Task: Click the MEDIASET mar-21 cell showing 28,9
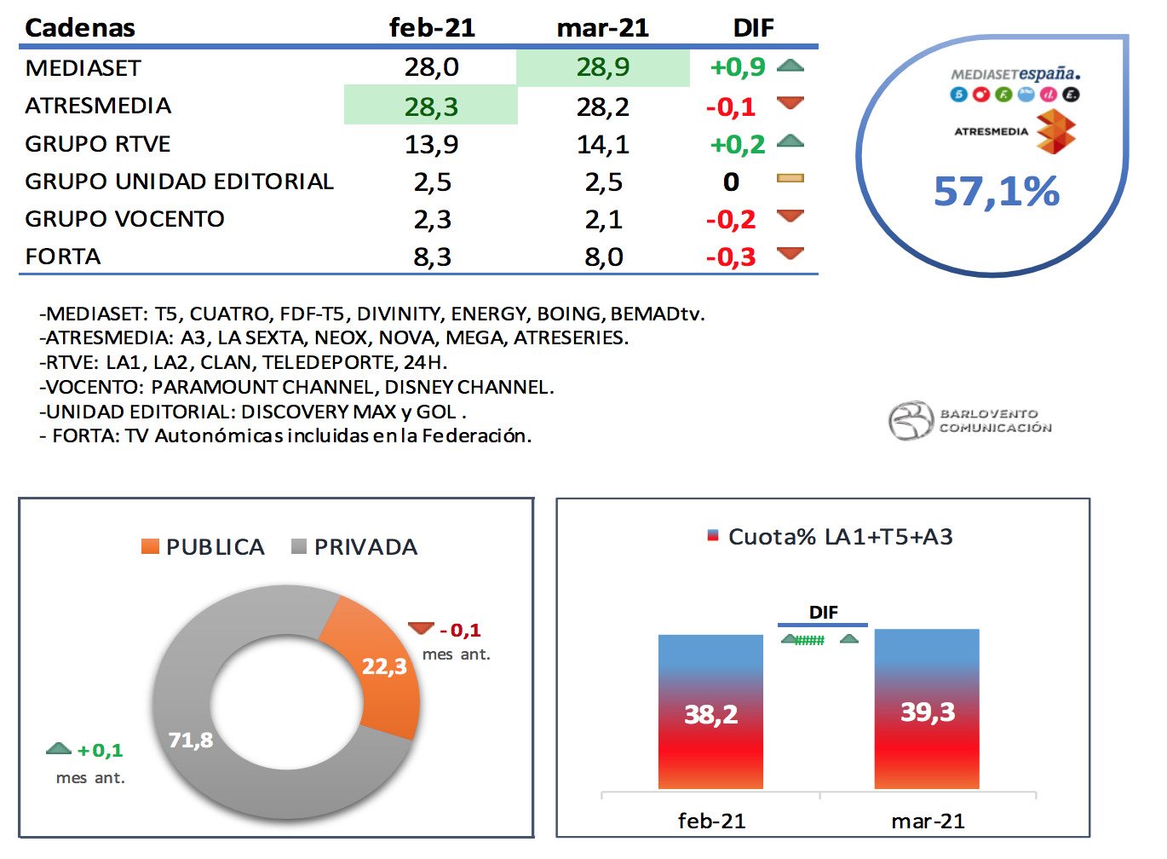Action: (x=603, y=67)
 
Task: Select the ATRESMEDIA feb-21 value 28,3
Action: (x=431, y=107)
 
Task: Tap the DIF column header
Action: (x=753, y=28)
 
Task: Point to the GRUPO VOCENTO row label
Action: (x=124, y=219)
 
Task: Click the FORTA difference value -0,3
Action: (x=731, y=257)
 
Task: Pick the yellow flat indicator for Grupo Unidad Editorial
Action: (x=790, y=179)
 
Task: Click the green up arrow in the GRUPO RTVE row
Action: (x=790, y=141)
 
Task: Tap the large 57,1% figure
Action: (x=997, y=192)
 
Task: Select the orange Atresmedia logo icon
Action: (x=1055, y=131)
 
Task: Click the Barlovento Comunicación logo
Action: (x=970, y=420)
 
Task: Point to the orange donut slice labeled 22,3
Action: (x=383, y=666)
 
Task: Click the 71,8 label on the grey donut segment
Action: (x=191, y=740)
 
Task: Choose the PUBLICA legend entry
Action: (x=204, y=547)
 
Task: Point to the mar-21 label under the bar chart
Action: (x=928, y=822)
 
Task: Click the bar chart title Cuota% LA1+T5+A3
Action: (x=840, y=537)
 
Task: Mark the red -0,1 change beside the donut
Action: (x=460, y=631)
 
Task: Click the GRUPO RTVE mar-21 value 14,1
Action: (x=603, y=144)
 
